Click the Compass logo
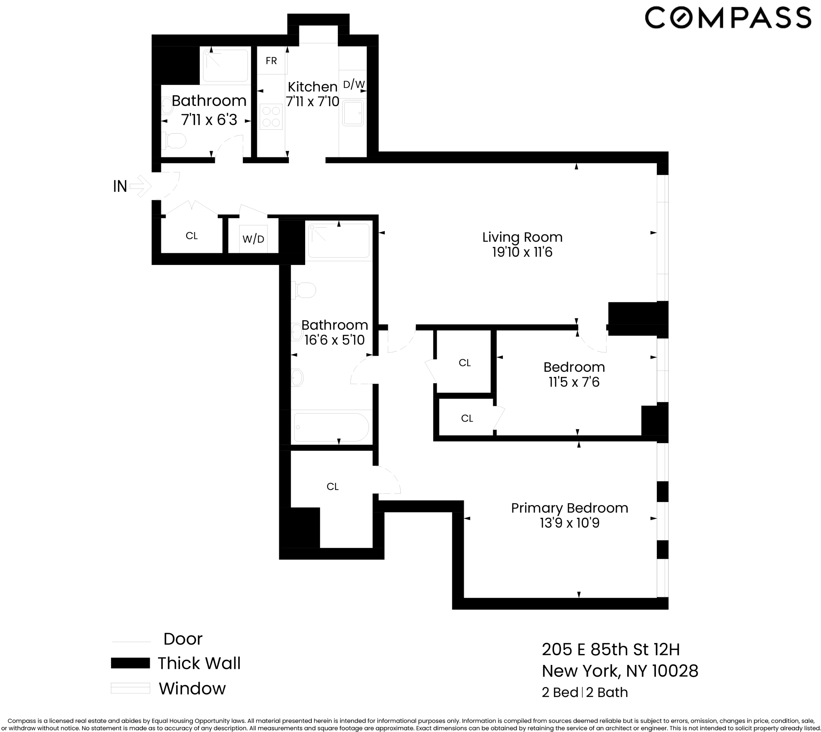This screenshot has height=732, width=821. pos(728,18)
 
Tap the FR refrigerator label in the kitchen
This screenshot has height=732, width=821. pos(271,61)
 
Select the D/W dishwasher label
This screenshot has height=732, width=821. pos(354,84)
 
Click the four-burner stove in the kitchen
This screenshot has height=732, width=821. pos(271,117)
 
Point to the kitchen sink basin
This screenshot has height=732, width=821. pos(353,113)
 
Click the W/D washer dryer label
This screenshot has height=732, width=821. pos(253,239)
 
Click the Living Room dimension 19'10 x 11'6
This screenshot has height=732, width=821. pos(522,252)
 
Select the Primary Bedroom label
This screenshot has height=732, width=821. pos(569,508)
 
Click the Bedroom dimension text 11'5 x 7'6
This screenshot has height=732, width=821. pos(574,382)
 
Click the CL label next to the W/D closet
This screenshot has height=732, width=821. pos(192,236)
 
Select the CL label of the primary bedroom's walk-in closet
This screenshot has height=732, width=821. pos(332,487)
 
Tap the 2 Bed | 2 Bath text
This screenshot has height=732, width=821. pos(585,692)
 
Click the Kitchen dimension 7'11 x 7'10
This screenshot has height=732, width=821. pos(313,101)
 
